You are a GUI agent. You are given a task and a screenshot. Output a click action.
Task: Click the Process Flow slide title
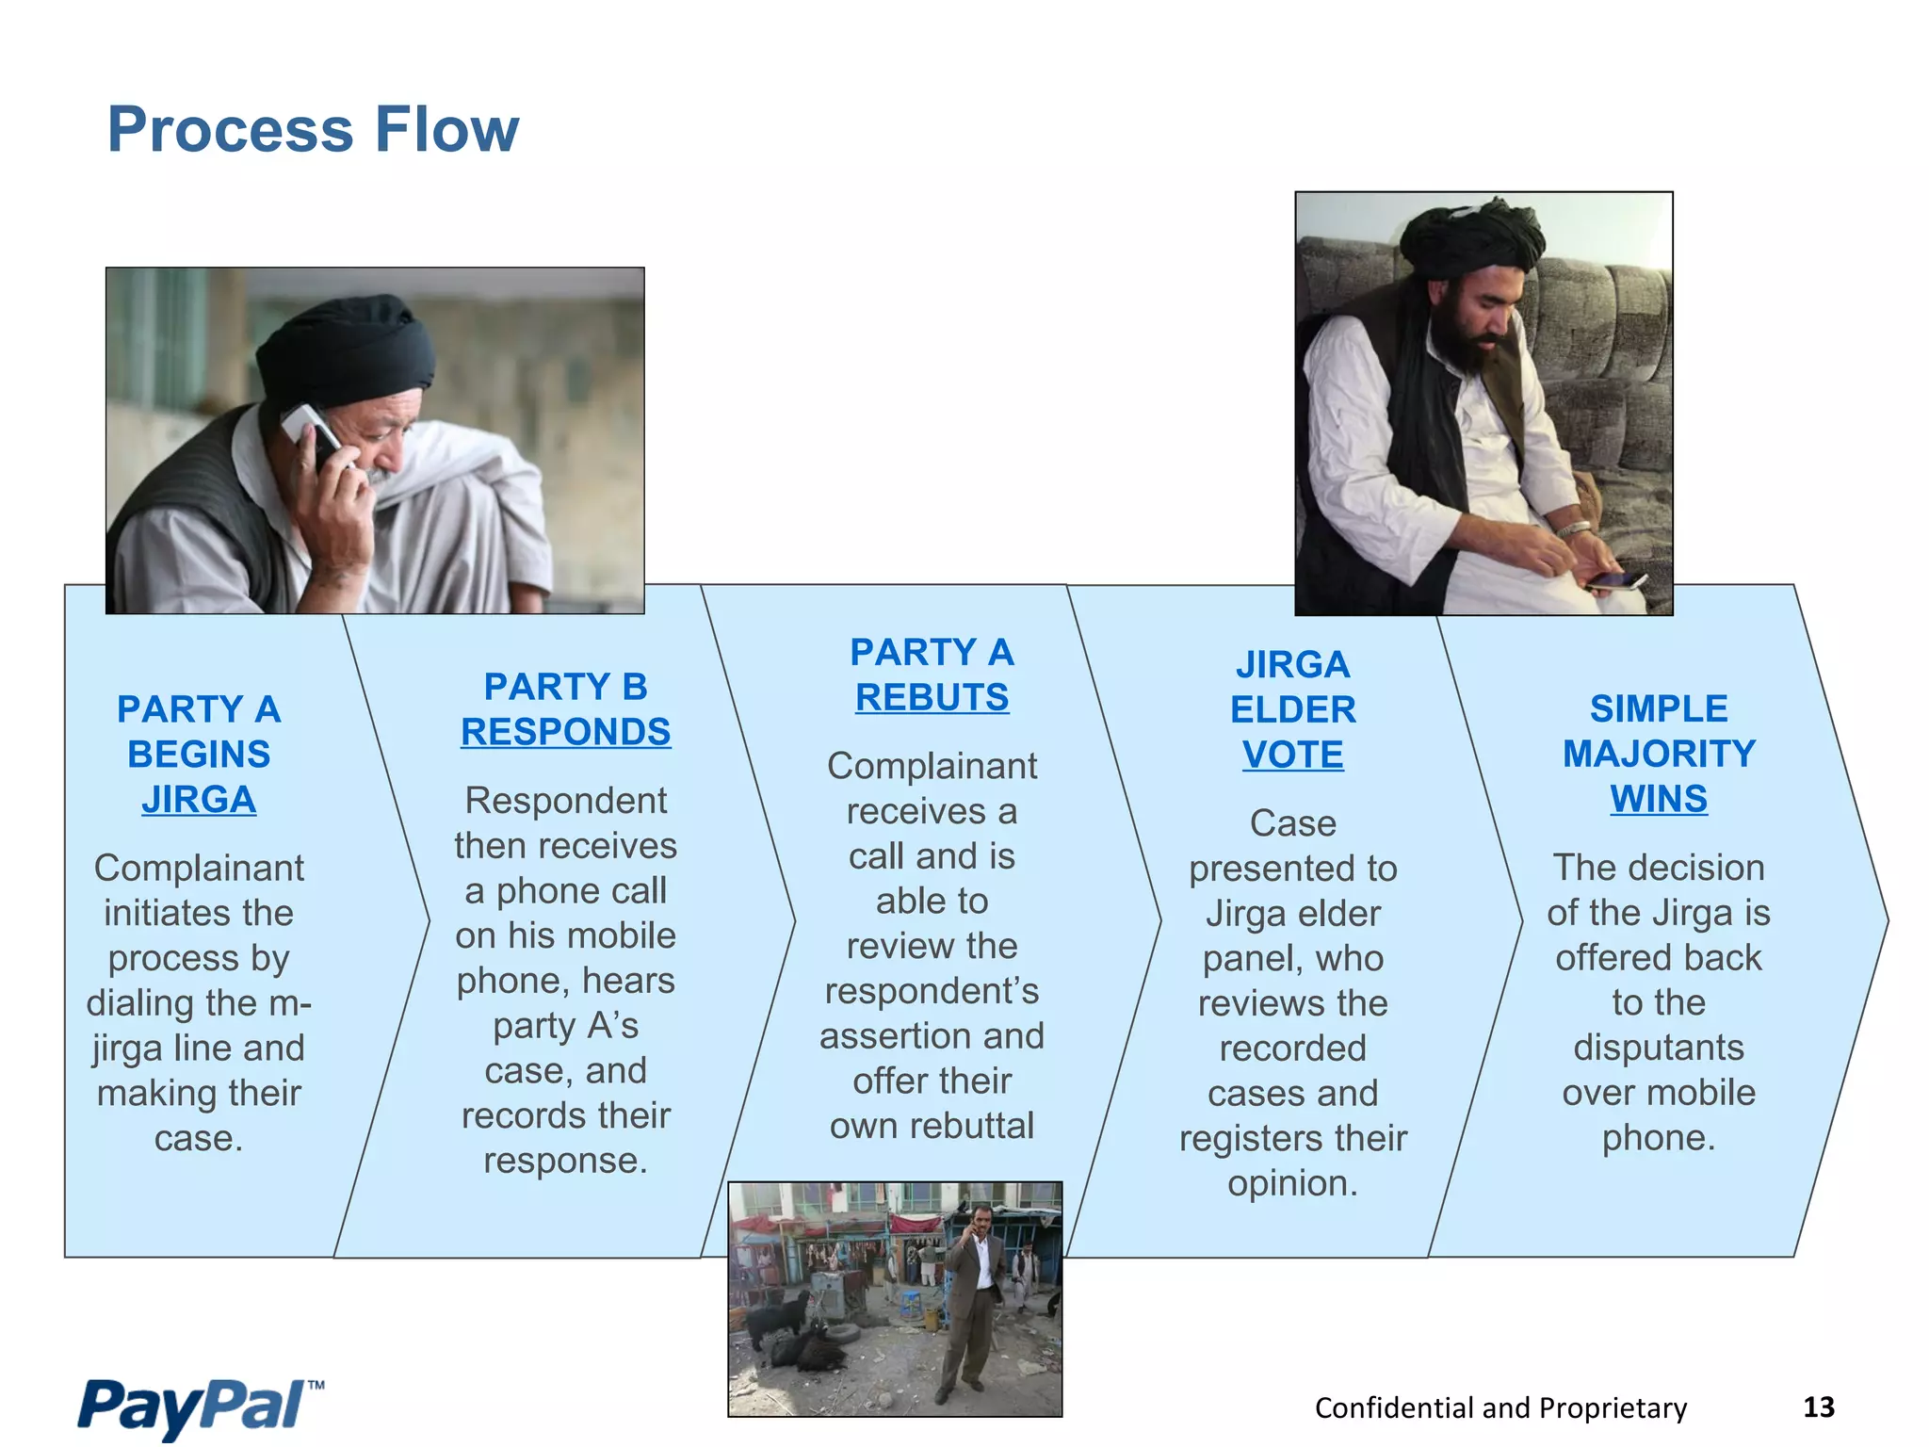coord(313,129)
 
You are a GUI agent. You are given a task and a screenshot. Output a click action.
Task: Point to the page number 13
coord(1818,1407)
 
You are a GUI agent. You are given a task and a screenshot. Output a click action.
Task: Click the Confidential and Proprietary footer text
coord(1500,1407)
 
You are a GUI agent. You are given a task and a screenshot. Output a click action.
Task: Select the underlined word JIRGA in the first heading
coord(199,800)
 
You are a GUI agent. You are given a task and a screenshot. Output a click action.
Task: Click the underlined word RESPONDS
coord(565,732)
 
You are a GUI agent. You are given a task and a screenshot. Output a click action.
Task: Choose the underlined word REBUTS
coord(932,698)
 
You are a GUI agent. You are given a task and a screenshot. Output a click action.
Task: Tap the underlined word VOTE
coord(1292,755)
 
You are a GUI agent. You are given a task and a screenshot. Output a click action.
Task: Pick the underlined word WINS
coord(1658,799)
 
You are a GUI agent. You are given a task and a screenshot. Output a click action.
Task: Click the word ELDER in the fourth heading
coord(1292,709)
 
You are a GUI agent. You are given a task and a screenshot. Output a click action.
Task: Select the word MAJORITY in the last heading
coord(1659,754)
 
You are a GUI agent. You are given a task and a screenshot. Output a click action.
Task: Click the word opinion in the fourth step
coord(1292,1183)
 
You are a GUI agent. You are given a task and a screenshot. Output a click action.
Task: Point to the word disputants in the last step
coord(1658,1048)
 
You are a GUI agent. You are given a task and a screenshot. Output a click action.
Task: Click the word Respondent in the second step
coord(565,801)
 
